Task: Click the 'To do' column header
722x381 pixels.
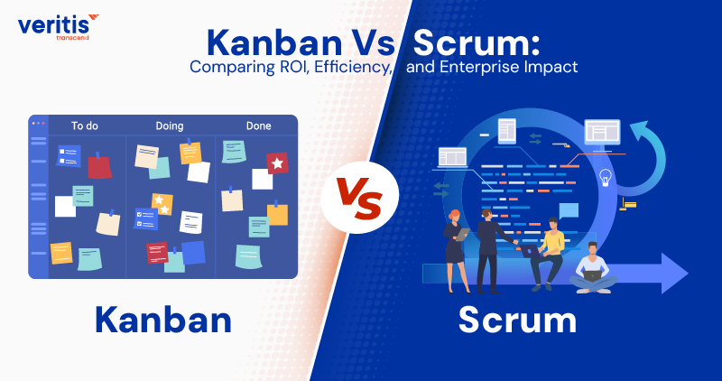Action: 84,125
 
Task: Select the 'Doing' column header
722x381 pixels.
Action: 170,125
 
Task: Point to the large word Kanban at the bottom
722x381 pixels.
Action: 162,320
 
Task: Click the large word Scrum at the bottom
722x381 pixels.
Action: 517,320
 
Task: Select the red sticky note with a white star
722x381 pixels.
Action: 277,163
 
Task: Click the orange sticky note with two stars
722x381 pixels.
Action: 162,203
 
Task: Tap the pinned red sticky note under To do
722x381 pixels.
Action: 98,166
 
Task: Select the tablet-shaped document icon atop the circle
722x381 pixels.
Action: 506,131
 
